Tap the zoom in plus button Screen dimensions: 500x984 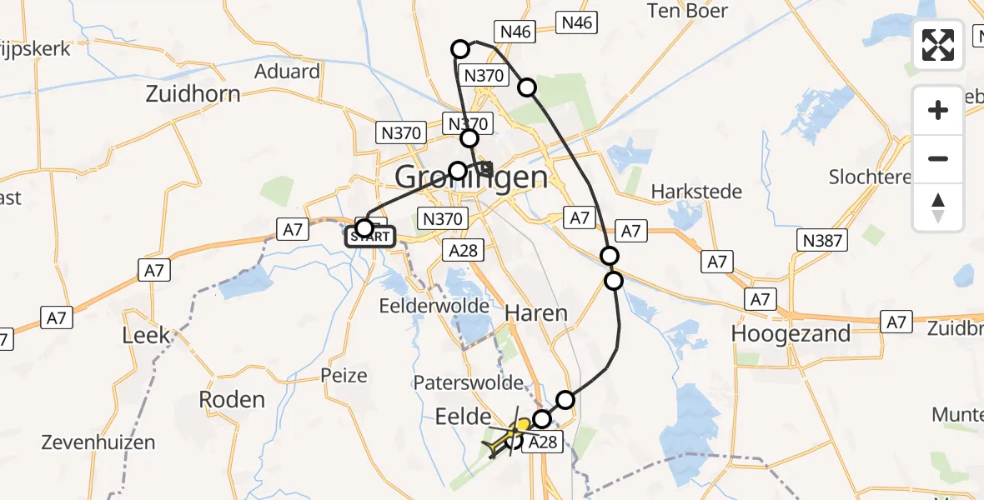(x=938, y=110)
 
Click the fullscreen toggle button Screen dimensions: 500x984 (x=938, y=45)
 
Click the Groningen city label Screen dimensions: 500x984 (x=471, y=177)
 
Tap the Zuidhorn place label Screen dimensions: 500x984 (x=193, y=94)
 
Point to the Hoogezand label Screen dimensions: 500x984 (x=791, y=334)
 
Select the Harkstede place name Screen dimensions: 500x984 (x=696, y=192)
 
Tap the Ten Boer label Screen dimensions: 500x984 (x=688, y=12)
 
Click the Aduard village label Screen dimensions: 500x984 (x=288, y=72)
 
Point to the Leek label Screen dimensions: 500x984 (x=146, y=336)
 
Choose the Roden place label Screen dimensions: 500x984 (x=232, y=399)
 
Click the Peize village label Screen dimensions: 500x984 (x=344, y=376)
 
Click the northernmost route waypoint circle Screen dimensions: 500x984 (x=460, y=49)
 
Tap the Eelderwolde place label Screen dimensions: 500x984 (x=434, y=306)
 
